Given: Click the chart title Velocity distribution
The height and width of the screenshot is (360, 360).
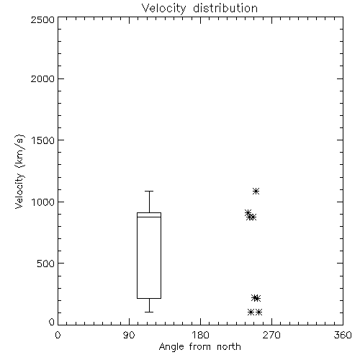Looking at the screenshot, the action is tap(199, 8).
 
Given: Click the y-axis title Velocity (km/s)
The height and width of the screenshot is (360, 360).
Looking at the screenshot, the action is tap(19, 172).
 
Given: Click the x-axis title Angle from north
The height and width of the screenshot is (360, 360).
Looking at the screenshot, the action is tap(199, 347).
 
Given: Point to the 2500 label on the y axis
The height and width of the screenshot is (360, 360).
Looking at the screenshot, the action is tap(42, 19).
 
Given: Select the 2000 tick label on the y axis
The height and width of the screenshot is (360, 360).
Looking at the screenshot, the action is tap(42, 78).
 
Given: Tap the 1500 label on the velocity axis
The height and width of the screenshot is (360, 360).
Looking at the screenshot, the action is tap(43, 140).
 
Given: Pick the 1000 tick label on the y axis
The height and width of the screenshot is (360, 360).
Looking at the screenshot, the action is tap(43, 202).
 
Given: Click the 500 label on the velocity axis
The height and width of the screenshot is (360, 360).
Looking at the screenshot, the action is tap(46, 264).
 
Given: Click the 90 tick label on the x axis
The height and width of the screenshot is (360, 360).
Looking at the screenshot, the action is tap(129, 336).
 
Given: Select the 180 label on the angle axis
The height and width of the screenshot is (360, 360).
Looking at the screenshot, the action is tap(200, 336).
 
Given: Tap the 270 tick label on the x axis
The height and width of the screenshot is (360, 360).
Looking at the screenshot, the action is tap(271, 336).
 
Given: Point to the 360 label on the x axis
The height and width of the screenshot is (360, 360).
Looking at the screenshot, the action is tap(343, 336).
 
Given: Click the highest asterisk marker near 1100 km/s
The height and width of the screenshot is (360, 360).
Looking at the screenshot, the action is tap(256, 191).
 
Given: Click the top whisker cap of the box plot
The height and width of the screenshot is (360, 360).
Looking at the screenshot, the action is tap(149, 191).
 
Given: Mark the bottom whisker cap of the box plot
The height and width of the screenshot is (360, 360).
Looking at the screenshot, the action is tap(149, 312).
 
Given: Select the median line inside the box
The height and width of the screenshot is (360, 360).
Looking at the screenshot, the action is tap(149, 217).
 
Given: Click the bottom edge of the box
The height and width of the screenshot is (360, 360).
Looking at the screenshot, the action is tap(149, 298).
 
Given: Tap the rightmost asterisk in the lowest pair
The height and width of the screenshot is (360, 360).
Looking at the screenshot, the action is tap(258, 312).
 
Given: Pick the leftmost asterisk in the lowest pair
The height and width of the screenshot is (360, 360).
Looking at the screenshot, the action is tap(251, 312).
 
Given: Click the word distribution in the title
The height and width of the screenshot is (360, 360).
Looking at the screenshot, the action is tap(225, 8).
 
